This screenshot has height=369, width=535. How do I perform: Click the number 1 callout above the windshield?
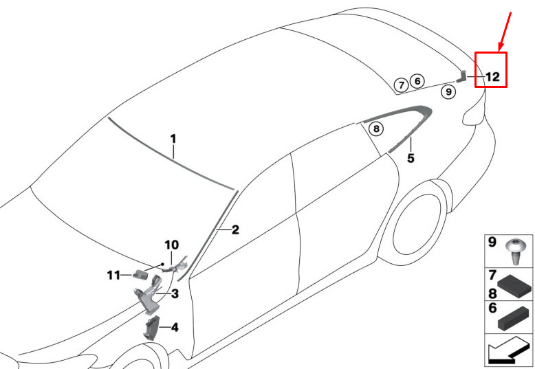tap(173, 139)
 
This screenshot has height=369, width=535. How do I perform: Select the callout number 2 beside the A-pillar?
tap(235, 230)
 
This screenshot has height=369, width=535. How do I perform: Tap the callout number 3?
tap(175, 293)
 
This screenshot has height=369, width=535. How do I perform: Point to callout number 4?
tap(175, 328)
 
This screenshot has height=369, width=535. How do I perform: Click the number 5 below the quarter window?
tap(411, 158)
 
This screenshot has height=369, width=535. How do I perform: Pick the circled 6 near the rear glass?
tap(417, 82)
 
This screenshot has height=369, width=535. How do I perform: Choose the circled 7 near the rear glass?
tap(402, 85)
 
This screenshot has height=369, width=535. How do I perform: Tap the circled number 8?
tap(376, 128)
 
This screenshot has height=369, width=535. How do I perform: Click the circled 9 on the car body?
tap(448, 91)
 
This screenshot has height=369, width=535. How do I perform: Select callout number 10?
tap(172, 245)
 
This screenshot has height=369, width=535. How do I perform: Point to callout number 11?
tap(113, 275)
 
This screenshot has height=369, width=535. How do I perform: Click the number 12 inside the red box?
tap(492, 77)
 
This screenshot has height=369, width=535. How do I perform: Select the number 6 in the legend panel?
tap(492, 308)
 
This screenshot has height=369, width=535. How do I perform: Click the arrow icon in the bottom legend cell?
tap(508, 350)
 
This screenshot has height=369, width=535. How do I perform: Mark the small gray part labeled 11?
tap(140, 274)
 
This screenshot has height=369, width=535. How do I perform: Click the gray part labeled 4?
tap(151, 328)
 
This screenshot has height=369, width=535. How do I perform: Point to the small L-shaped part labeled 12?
tap(461, 76)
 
